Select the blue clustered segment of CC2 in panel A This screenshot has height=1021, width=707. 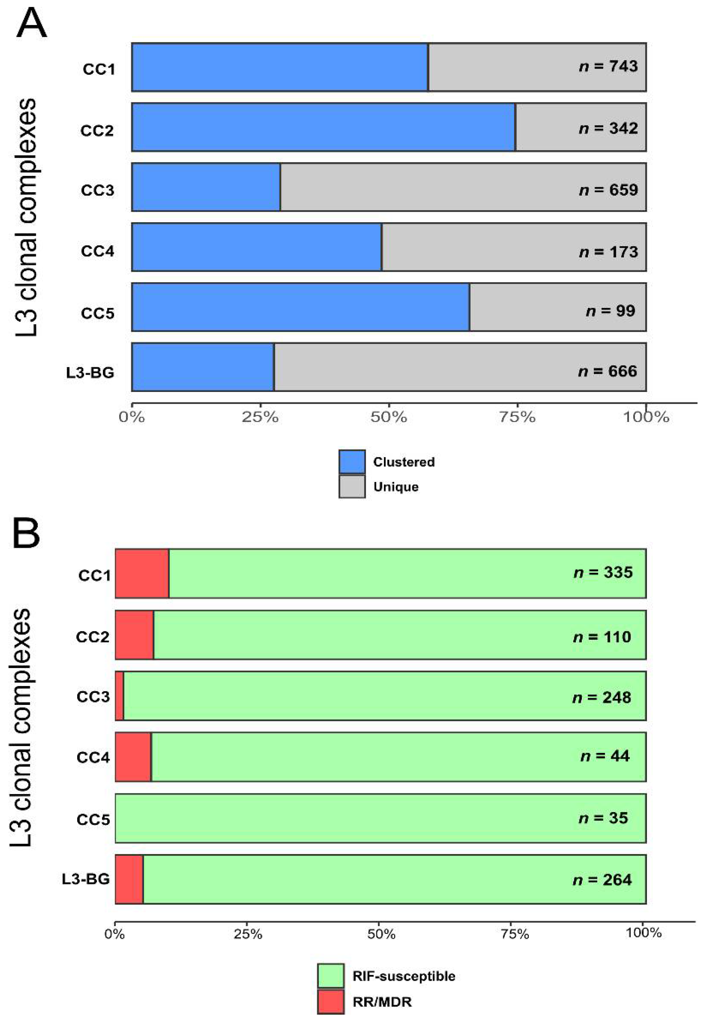point(323,127)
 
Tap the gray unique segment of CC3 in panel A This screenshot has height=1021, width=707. point(463,187)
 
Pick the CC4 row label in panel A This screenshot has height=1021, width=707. point(97,251)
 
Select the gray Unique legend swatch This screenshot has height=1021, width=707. point(352,487)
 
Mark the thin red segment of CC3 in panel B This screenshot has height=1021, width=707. point(119,696)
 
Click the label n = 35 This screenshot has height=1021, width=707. point(603,818)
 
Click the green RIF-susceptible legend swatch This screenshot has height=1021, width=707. point(331,976)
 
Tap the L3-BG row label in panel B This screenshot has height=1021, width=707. point(86,879)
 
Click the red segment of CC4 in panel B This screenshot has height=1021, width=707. point(133,757)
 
